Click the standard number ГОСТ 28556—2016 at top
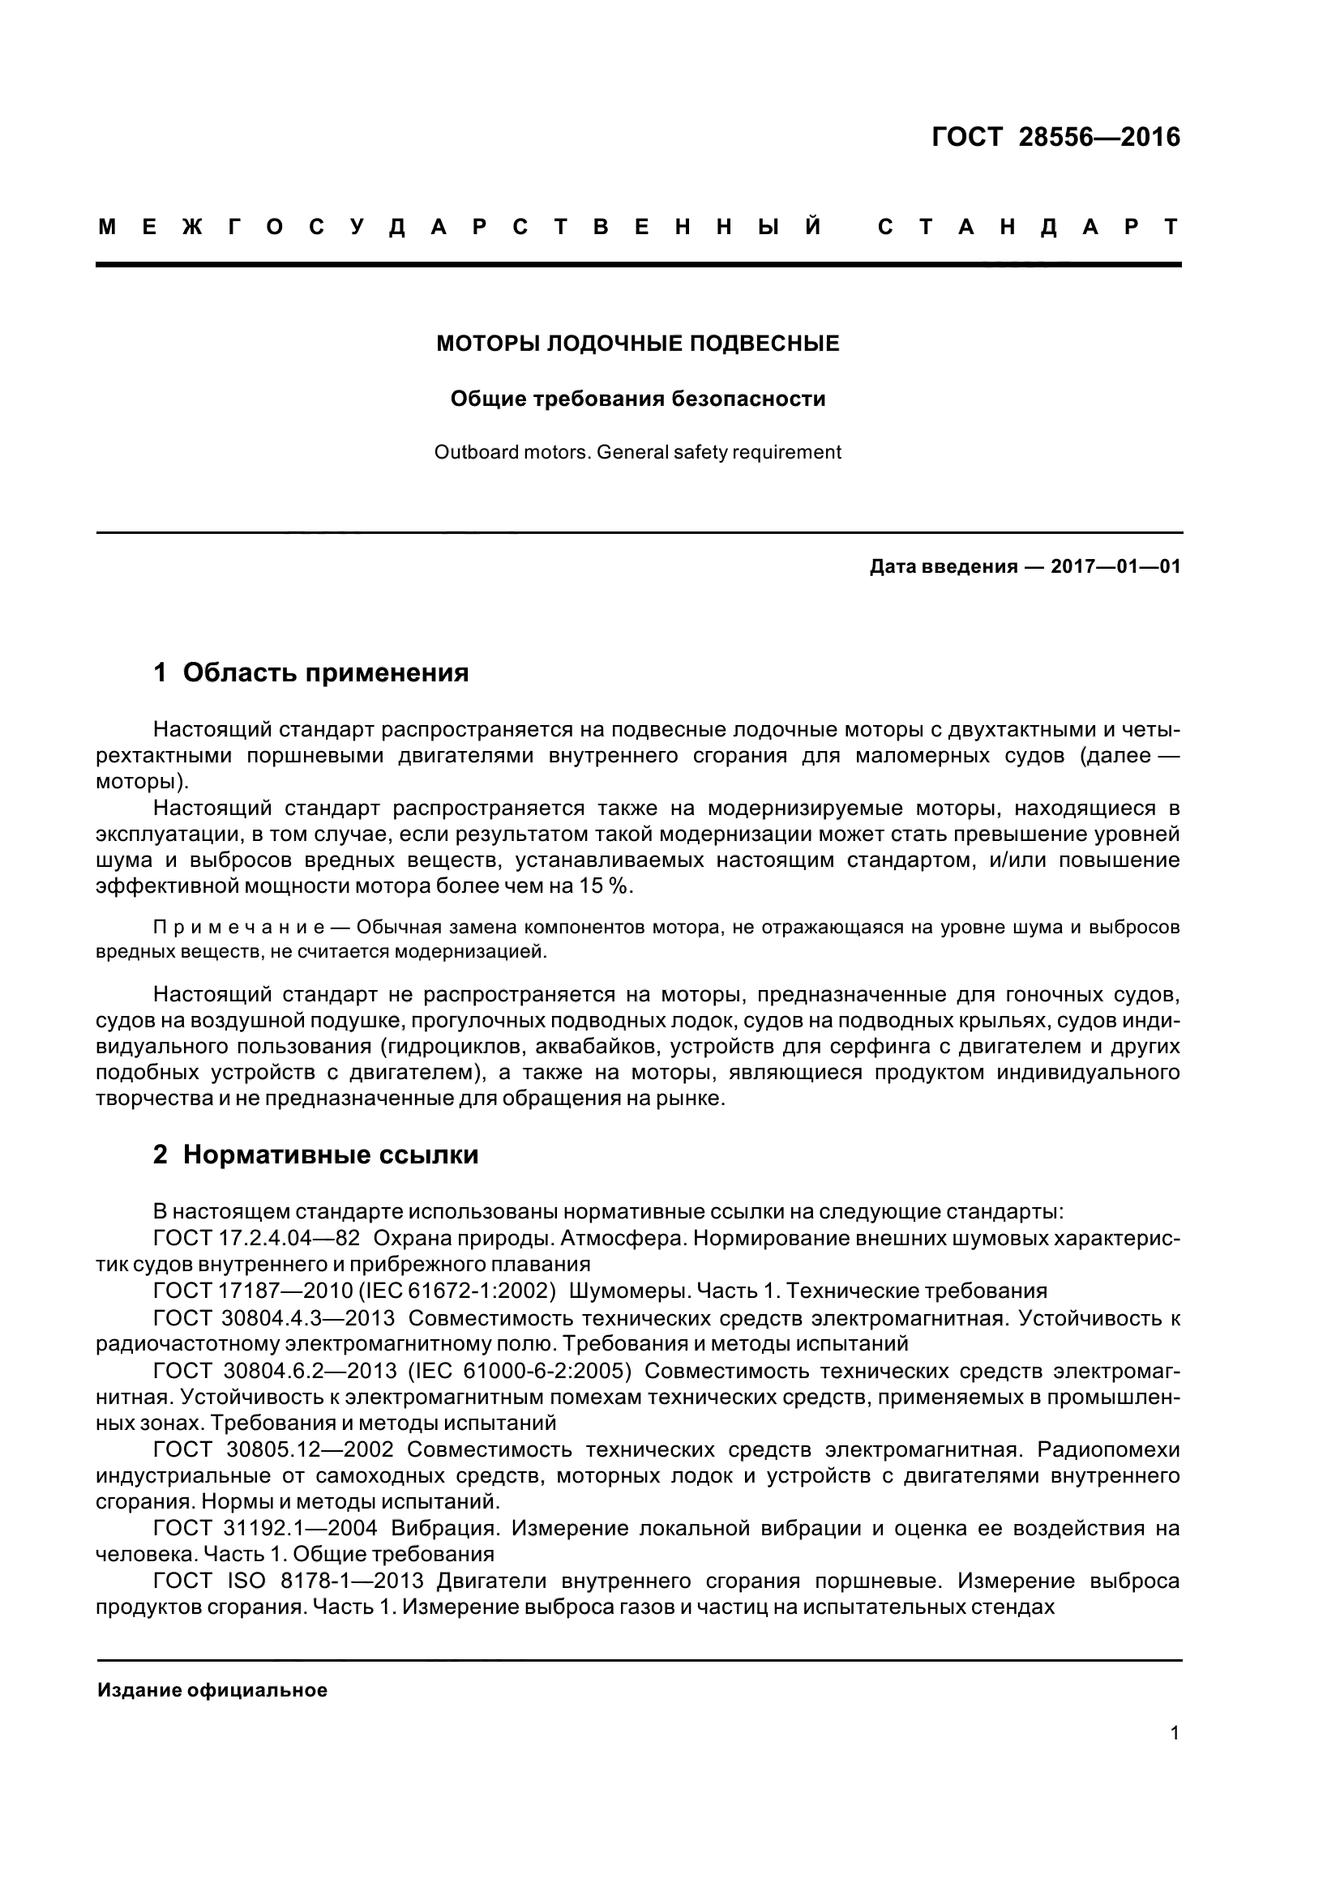[1055, 137]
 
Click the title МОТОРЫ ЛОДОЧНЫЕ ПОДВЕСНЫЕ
[637, 344]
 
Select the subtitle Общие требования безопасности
[637, 399]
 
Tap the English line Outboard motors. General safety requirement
[637, 452]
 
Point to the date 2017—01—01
[1115, 567]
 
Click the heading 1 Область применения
[311, 672]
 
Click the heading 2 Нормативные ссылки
[316, 1154]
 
